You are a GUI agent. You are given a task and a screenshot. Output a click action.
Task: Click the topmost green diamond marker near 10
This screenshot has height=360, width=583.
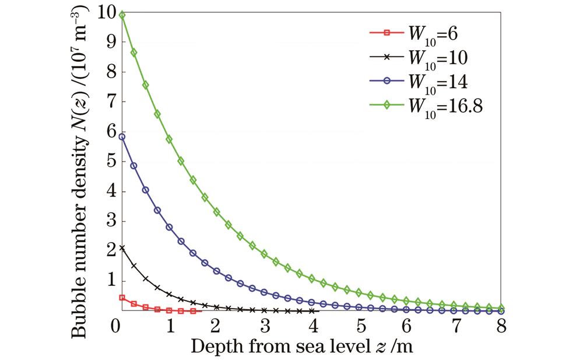coord(122,15)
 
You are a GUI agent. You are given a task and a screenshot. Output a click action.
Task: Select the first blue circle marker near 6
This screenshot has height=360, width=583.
coord(122,137)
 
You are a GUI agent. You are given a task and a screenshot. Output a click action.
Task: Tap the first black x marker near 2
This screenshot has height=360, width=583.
coord(122,248)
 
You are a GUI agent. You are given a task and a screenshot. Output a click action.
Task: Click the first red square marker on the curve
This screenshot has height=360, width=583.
coord(122,298)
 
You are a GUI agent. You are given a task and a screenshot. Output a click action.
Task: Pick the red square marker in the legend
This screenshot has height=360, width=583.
coord(386,33)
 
